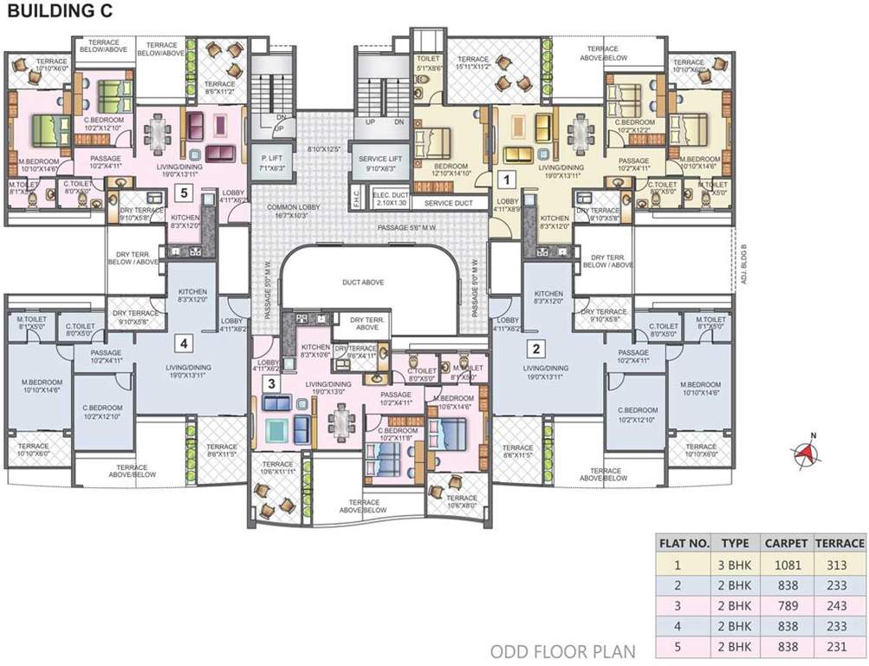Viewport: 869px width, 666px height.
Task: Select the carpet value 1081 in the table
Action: pyautogui.click(x=786, y=565)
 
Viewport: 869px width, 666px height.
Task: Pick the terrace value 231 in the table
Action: pyautogui.click(x=840, y=647)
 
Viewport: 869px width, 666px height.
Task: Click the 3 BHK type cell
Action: pyautogui.click(x=735, y=565)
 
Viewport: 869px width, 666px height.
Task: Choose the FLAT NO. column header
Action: pyautogui.click(x=684, y=544)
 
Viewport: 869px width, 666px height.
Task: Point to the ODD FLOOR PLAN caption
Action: pyautogui.click(x=563, y=650)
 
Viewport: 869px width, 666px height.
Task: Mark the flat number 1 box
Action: pyautogui.click(x=509, y=180)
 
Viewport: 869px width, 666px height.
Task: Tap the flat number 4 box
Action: pyautogui.click(x=183, y=343)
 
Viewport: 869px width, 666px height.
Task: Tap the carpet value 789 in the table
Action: pyautogui.click(x=786, y=605)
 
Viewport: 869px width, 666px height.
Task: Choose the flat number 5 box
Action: pyautogui.click(x=183, y=193)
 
